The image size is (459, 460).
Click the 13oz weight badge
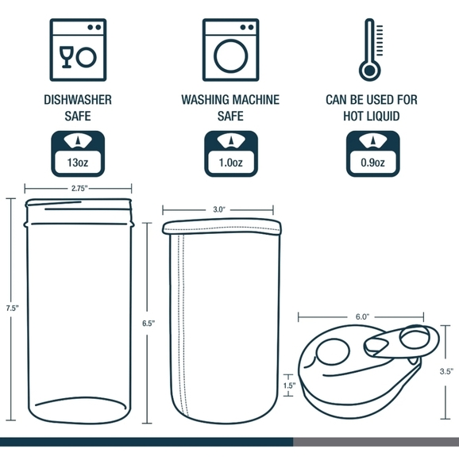77,155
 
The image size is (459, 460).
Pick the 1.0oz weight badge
230,155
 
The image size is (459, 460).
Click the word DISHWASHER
77,101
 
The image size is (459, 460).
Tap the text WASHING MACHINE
229,101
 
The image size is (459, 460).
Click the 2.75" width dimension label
79,189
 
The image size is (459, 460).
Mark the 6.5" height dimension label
148,323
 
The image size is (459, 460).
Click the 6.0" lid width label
362,316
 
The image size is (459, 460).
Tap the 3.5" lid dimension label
445,370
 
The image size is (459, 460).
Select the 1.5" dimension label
288,386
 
